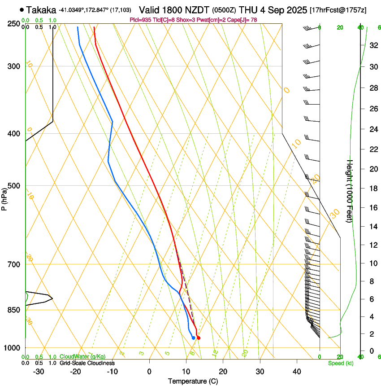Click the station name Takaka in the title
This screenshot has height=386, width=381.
point(41,10)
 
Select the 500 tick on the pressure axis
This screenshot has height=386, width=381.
point(14,186)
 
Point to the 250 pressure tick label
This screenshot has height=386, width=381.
point(14,23)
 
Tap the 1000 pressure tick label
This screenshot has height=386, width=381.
point(13,348)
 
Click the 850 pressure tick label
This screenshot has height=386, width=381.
point(14,310)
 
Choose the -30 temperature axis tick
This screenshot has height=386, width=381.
point(39,371)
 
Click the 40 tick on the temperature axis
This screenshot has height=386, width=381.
point(297,371)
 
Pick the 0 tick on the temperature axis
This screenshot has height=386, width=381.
point(150,371)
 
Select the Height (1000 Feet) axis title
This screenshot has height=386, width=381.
point(350,191)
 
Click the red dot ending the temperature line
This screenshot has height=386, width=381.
point(199,338)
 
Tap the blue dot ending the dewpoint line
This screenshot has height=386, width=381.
point(193,338)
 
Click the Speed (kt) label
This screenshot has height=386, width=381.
point(340,363)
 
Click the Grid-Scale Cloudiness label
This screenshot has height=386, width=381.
point(87,363)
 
